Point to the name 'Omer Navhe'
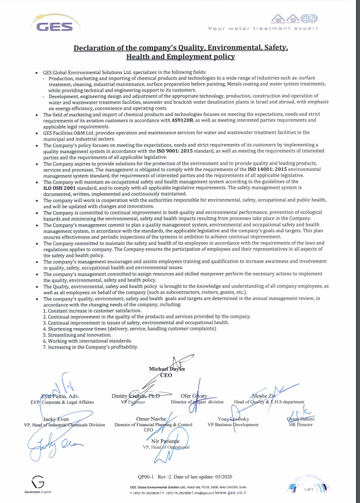click(151, 419)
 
